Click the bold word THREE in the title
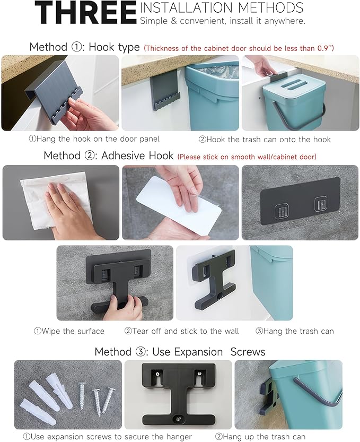(86, 13)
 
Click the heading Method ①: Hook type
(84, 47)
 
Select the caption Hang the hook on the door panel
(94, 139)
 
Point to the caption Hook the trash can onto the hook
(265, 140)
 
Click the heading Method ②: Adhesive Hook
(109, 155)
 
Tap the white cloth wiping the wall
(56, 200)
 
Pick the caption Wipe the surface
(69, 331)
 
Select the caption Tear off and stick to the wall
(182, 331)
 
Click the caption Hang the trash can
(295, 331)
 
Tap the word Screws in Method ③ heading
(248, 352)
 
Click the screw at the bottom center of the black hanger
(179, 418)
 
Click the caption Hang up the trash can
(260, 437)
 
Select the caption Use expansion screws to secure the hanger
(107, 437)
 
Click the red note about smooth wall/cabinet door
(247, 157)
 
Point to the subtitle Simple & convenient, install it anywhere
(223, 21)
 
